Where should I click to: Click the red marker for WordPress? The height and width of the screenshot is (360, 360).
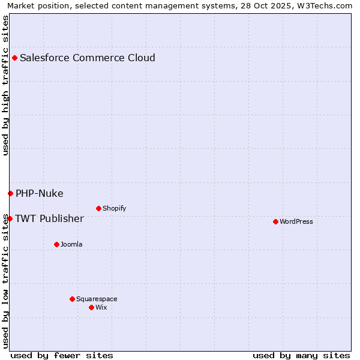coord(275,221)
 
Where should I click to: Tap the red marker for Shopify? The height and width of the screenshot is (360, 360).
coord(98,208)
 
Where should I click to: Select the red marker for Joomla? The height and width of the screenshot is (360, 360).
coord(56,244)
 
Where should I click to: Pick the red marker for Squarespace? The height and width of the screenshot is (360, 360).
coord(72,299)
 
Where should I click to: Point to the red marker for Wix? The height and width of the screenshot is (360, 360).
coord(91,307)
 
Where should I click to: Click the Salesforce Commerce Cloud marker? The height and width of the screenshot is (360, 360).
coord(14,58)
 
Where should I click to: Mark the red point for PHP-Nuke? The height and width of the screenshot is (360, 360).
coord(10,193)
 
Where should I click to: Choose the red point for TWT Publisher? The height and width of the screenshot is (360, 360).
coord(10,218)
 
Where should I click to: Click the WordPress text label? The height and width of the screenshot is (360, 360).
coord(296,221)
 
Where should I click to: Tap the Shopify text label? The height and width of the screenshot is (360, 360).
coord(114,208)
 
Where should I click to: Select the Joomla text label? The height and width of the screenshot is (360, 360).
coord(71,244)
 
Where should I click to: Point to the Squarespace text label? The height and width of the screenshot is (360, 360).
coord(97,299)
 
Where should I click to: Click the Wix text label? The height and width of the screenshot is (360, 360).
coord(101,307)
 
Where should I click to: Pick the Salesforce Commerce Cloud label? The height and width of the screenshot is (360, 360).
coord(88,58)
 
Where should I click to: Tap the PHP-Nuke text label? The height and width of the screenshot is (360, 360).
coord(40,193)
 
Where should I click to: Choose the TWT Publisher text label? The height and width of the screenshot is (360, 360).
coord(49,218)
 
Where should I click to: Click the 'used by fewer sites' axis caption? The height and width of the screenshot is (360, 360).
coord(62,355)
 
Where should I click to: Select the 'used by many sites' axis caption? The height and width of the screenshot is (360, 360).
coord(301,355)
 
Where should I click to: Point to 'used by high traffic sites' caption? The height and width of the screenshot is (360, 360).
coord(5,85)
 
